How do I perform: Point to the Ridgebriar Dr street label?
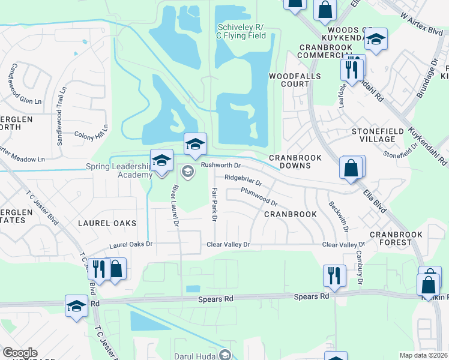(243, 179)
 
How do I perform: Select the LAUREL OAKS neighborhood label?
(107, 223)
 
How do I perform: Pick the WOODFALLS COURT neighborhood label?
(295, 80)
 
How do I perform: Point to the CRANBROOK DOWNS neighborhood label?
(295, 162)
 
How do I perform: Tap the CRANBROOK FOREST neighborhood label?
(399, 238)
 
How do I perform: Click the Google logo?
(20, 353)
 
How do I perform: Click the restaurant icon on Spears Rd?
(334, 275)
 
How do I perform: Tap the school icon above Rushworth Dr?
(195, 143)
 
